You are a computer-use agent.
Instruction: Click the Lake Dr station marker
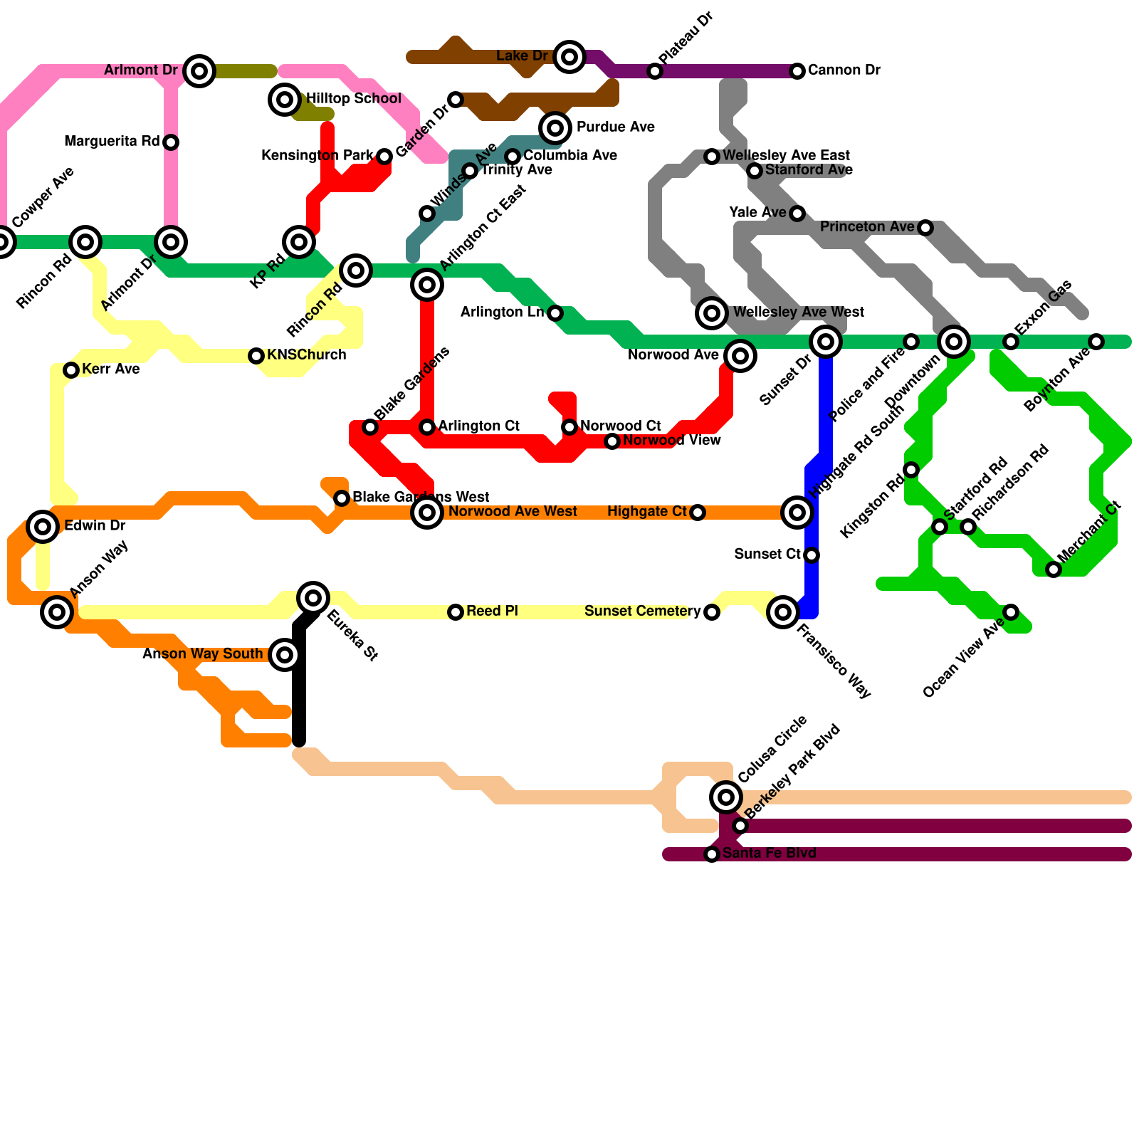(x=569, y=57)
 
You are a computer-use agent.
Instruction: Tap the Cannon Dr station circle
(x=797, y=71)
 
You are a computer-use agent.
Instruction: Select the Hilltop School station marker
(x=285, y=100)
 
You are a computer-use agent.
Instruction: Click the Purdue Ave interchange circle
(x=555, y=128)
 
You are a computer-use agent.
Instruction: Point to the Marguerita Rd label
(x=112, y=142)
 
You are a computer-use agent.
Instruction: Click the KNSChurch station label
(x=306, y=355)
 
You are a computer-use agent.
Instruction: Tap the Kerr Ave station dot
(x=71, y=370)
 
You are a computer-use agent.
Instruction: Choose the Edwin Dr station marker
(x=43, y=527)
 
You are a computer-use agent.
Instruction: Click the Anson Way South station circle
(x=285, y=655)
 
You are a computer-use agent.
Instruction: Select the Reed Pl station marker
(x=456, y=612)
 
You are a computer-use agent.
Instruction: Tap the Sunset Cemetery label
(x=642, y=612)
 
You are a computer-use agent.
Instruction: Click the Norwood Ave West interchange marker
(x=427, y=513)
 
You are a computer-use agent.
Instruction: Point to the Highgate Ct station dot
(x=698, y=513)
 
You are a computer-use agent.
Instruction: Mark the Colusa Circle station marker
(x=726, y=797)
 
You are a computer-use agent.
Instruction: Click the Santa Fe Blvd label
(x=769, y=854)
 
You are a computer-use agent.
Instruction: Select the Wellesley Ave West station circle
(x=712, y=313)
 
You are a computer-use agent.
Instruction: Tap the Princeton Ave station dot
(x=925, y=228)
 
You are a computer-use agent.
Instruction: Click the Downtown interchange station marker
(x=954, y=342)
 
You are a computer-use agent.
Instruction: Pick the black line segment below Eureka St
(x=299, y=683)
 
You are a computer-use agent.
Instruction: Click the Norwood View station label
(x=671, y=441)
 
